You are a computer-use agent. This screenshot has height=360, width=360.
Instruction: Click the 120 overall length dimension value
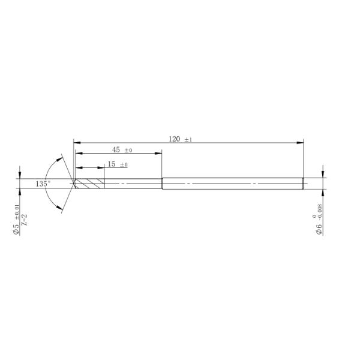(174, 139)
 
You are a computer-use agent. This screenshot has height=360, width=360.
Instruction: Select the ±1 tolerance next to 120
(188, 140)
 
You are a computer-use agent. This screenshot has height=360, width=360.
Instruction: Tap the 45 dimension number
(116, 150)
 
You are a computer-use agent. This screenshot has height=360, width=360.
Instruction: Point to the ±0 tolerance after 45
(128, 151)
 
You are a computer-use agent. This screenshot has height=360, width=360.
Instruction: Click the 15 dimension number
(112, 164)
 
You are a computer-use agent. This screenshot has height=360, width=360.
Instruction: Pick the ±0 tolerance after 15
(124, 165)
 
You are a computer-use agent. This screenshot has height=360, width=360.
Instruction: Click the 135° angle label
(43, 184)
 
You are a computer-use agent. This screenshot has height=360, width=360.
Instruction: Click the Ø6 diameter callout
(320, 229)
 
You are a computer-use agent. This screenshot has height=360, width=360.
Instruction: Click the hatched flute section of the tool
(90, 183)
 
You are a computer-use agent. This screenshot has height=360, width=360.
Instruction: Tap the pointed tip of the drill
(73, 183)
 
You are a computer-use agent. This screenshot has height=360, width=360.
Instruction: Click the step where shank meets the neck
(163, 183)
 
